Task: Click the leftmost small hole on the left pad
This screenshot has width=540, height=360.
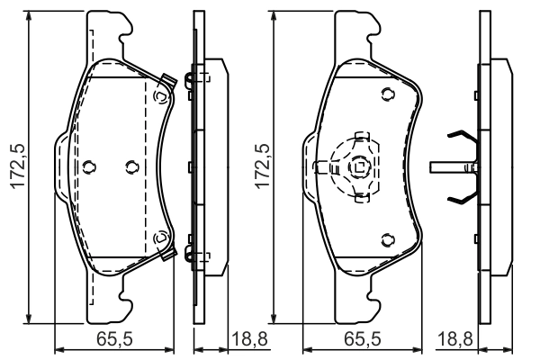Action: pyautogui.click(x=88, y=166)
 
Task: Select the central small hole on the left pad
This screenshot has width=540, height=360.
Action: pyautogui.click(x=131, y=166)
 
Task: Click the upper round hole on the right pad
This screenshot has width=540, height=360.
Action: pyautogui.click(x=386, y=94)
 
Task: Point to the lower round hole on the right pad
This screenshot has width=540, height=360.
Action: pyautogui.click(x=386, y=238)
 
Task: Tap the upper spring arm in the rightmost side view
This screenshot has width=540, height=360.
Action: pyautogui.click(x=463, y=139)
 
